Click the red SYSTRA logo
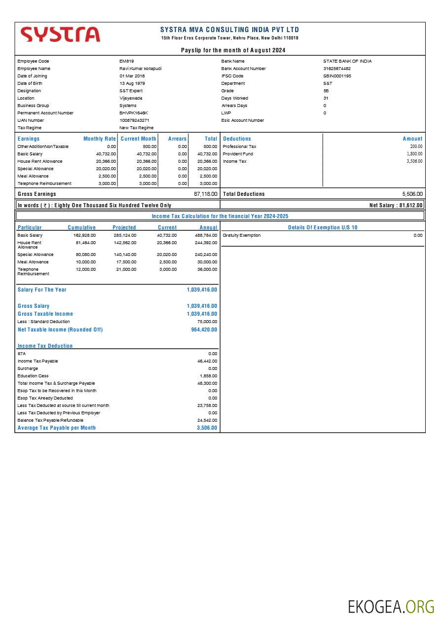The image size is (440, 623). tap(60, 35)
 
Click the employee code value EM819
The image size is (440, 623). tap(127, 61)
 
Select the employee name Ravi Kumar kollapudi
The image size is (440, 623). tap(140, 69)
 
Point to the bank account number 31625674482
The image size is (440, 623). tap(337, 69)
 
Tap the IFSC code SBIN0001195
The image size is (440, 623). tap(337, 76)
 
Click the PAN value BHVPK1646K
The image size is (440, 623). tap(134, 113)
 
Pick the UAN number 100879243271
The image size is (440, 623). tap(134, 120)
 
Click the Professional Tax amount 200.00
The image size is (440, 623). tap(416, 147)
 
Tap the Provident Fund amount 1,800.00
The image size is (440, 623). tap(414, 154)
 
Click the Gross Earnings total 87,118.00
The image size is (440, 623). tap(205, 194)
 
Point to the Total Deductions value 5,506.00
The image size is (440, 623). tap(412, 194)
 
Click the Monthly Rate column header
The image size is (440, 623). tap(100, 139)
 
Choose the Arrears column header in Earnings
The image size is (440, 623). tap(177, 139)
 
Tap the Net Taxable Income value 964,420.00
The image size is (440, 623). tap(204, 330)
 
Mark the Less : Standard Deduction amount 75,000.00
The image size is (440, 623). tap(207, 322)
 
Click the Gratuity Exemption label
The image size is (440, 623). tap(242, 235)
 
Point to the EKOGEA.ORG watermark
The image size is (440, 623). tap(391, 607)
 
